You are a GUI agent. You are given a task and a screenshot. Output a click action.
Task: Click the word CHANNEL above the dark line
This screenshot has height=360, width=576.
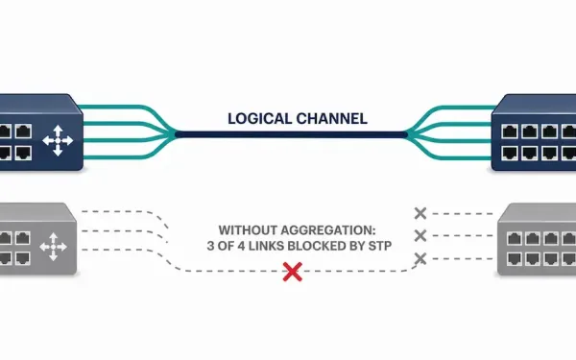(332, 119)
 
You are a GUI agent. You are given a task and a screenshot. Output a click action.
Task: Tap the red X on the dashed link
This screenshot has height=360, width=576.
(293, 272)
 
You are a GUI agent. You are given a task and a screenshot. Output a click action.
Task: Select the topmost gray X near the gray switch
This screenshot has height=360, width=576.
(420, 213)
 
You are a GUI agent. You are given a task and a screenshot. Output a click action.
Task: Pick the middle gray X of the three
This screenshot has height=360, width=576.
(420, 236)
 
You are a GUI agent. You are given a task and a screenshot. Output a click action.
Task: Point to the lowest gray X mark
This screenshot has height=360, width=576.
(420, 258)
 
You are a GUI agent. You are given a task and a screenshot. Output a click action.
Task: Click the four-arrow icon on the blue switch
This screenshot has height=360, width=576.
(58, 141)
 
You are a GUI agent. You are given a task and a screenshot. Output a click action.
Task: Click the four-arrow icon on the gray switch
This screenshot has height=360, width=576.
(53, 247)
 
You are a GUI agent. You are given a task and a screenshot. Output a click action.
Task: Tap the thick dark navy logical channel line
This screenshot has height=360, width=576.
(291, 134)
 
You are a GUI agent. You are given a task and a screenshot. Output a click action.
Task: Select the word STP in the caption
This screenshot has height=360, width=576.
(380, 246)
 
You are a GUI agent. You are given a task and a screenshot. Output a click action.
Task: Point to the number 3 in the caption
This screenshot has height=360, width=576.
(210, 246)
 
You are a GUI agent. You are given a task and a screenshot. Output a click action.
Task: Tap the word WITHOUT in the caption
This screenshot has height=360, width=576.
(245, 230)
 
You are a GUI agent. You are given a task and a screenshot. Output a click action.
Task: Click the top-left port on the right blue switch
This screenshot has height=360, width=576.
(510, 132)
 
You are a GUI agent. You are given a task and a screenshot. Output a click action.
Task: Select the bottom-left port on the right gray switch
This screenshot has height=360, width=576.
(515, 259)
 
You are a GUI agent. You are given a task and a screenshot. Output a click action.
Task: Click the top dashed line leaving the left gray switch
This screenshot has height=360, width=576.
(125, 212)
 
